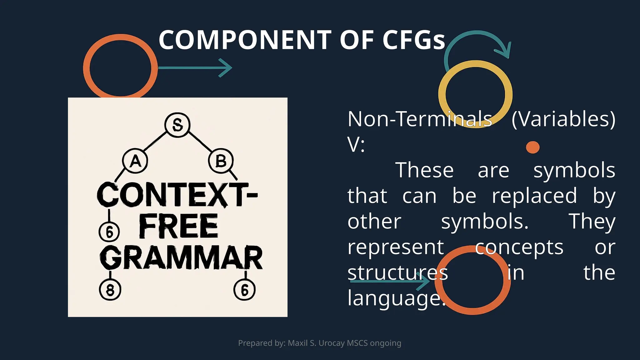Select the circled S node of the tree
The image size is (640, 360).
[x=177, y=125]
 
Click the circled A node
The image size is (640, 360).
[x=135, y=161]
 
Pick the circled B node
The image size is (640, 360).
[x=221, y=161]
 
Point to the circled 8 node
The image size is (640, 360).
[x=110, y=290]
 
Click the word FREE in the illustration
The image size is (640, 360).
[x=178, y=227]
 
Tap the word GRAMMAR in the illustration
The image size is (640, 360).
[x=181, y=258]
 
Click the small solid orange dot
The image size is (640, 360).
[x=532, y=147]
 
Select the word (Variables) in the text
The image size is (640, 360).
[x=563, y=119]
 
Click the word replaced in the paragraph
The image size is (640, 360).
[x=534, y=196]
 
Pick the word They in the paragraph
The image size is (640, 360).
[x=592, y=222]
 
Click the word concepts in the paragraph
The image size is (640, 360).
[x=519, y=247]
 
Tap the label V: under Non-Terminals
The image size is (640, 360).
[x=356, y=145]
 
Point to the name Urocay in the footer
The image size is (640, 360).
[x=332, y=343]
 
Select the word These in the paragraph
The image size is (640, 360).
[x=424, y=170]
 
